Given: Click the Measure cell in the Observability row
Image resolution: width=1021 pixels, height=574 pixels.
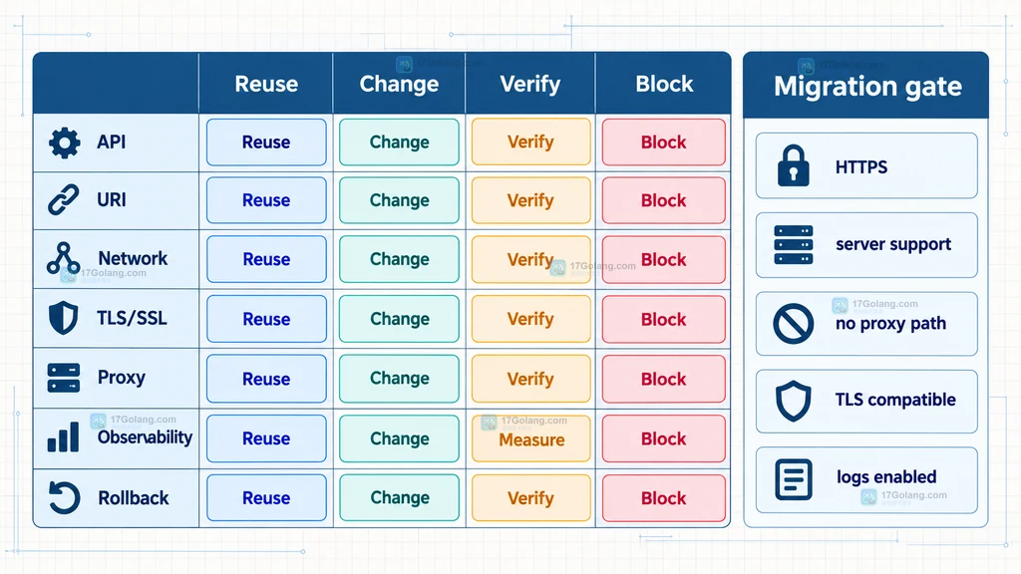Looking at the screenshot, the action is click(531, 438).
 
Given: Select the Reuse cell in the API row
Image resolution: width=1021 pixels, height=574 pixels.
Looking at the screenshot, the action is click(266, 142).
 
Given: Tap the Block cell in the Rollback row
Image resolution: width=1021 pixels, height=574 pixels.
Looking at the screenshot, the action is click(663, 498).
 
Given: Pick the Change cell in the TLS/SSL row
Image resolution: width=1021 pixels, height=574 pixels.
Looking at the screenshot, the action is click(399, 319).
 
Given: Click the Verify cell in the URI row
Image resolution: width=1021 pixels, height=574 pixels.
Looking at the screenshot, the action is click(531, 200).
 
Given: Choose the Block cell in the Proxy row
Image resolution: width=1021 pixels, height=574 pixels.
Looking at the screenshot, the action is click(663, 379).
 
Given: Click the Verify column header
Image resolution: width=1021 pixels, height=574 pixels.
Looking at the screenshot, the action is click(530, 84).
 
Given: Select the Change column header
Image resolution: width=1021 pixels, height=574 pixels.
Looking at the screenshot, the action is click(399, 84).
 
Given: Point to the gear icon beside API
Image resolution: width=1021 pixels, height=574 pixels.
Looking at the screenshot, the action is click(65, 143).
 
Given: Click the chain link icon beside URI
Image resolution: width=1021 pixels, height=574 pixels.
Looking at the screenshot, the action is click(64, 199).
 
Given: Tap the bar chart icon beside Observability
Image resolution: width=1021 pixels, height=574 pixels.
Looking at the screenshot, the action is click(63, 436).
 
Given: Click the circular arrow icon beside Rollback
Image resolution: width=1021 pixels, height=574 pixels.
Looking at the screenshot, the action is click(64, 498).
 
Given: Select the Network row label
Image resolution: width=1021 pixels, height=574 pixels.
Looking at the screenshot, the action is click(133, 258).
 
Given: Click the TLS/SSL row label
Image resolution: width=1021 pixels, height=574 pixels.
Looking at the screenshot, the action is click(132, 318).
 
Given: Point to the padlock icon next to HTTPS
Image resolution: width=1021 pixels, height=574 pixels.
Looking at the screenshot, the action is click(793, 166).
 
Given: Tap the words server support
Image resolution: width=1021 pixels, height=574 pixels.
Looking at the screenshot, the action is click(893, 245).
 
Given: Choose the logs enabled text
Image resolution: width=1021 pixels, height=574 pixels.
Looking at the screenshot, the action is click(886, 477).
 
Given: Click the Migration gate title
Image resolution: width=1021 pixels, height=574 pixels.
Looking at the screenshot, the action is click(867, 87).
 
